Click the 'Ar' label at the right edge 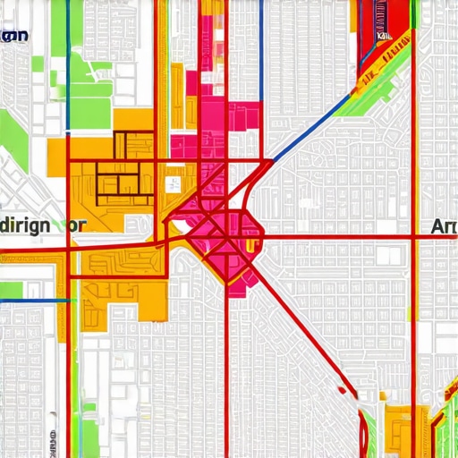[x=443, y=227]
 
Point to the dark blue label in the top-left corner [x=15, y=36]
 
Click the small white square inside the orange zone [x=170, y=185]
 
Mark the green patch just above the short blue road [x=11, y=290]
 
